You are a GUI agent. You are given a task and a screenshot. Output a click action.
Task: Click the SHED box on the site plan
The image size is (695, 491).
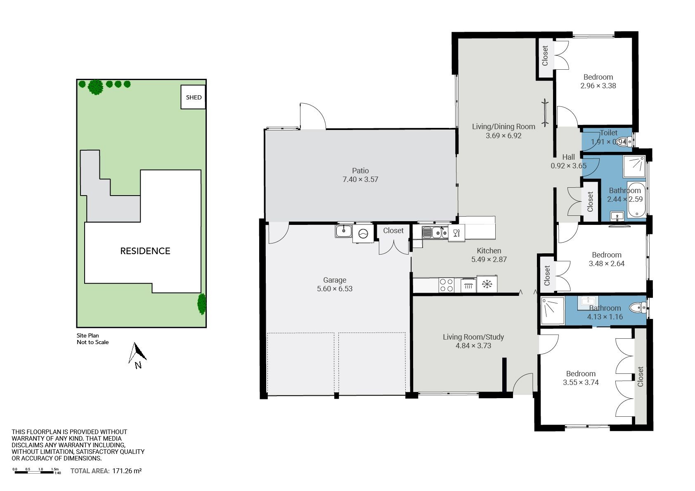click(x=193, y=97)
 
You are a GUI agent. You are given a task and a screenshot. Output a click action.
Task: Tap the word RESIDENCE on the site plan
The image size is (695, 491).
click(x=145, y=251)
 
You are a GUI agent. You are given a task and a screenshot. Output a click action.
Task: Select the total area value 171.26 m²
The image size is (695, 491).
click(x=127, y=471)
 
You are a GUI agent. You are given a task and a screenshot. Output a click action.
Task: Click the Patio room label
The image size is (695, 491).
click(x=360, y=170)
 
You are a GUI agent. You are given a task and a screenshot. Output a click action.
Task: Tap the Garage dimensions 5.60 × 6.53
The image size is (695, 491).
click(x=334, y=289)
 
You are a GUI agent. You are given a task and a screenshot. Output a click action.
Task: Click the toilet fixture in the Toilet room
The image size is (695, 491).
click(x=624, y=142)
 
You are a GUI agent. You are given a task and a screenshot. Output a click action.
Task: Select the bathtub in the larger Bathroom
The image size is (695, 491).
click(x=637, y=199)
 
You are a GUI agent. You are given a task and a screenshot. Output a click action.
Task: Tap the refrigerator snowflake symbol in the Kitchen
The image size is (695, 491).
click(x=487, y=284)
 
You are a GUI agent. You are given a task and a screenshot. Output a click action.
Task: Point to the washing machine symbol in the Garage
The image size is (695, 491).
click(x=363, y=234)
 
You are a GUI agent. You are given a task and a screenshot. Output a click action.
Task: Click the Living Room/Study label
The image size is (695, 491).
click(x=473, y=337)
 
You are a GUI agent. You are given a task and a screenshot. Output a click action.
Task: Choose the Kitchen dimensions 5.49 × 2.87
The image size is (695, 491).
click(x=489, y=259)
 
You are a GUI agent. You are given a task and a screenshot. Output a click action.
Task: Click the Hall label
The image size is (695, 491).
click(x=568, y=157)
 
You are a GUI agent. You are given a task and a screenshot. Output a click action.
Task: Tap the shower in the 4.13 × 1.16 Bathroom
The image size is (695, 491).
click(x=553, y=311)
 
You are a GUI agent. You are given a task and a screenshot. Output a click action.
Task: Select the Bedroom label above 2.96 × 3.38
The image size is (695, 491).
click(x=598, y=77)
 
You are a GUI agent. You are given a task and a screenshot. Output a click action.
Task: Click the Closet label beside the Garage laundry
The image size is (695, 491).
click(x=393, y=231)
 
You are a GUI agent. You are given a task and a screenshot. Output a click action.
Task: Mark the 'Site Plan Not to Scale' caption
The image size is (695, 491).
click(x=92, y=339)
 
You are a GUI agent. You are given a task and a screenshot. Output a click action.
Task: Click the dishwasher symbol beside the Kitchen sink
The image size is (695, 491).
click(x=456, y=233)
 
